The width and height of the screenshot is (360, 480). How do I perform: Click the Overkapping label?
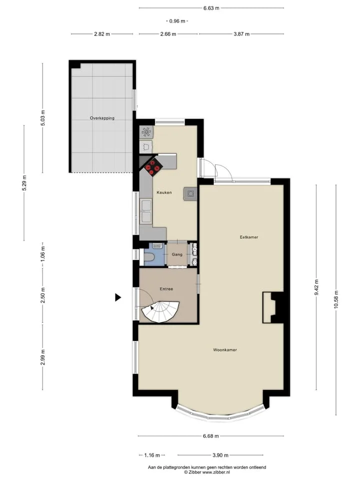102,118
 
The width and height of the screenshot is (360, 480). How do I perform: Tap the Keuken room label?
164,192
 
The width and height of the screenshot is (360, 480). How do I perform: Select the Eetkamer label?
248,237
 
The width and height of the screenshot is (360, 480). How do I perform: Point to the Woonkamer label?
225,349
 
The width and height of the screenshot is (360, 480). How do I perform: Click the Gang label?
177,254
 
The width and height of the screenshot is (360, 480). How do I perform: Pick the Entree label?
166,288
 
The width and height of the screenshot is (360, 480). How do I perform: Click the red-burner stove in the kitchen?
153,167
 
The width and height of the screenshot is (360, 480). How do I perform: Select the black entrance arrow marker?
118,297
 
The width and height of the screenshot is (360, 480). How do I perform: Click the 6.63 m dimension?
211,8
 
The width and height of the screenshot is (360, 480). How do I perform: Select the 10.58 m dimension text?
336,300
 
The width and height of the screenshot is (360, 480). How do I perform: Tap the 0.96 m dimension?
177,21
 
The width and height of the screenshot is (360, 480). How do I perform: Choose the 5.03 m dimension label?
42,118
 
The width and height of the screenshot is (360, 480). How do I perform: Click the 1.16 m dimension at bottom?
152,455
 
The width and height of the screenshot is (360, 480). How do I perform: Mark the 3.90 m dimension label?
220,455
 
